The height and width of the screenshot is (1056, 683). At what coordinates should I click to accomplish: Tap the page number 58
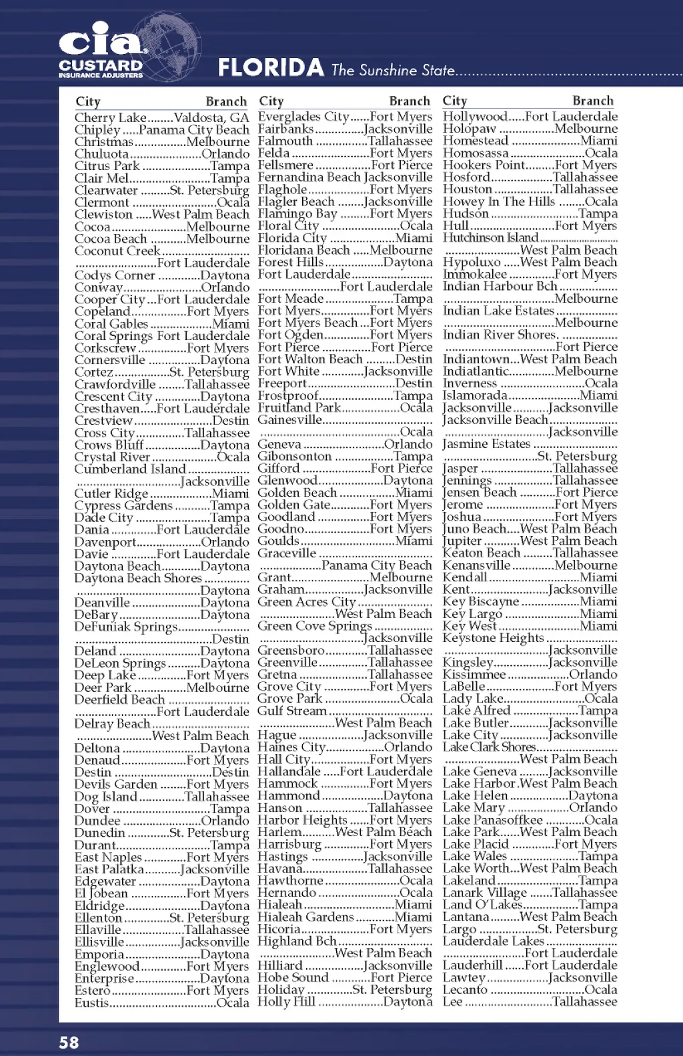point(69,1043)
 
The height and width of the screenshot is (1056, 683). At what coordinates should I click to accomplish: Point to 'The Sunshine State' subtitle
point(393,70)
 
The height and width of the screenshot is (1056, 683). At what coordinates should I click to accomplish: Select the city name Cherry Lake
point(110,118)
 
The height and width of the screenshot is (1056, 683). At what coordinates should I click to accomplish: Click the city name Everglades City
point(303,117)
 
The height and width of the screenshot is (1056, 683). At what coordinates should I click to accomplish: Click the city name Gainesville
point(290,420)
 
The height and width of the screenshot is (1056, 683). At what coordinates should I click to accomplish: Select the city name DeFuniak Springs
point(126,627)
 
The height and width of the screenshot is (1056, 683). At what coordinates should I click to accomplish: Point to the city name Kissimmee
point(474,675)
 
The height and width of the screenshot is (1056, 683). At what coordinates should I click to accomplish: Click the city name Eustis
point(91,1003)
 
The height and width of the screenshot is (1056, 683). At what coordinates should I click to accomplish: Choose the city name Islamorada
point(475,395)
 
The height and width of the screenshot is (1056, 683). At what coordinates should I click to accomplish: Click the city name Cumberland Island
point(130,469)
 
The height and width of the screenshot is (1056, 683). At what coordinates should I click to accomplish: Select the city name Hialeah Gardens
point(305,917)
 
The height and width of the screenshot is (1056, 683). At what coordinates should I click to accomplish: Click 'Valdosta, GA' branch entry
point(211,118)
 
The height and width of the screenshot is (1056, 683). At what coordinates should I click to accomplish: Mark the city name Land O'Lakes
point(482,905)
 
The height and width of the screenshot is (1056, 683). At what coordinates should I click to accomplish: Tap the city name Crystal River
point(112,457)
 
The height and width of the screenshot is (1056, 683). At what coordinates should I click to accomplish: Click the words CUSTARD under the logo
point(100,65)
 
